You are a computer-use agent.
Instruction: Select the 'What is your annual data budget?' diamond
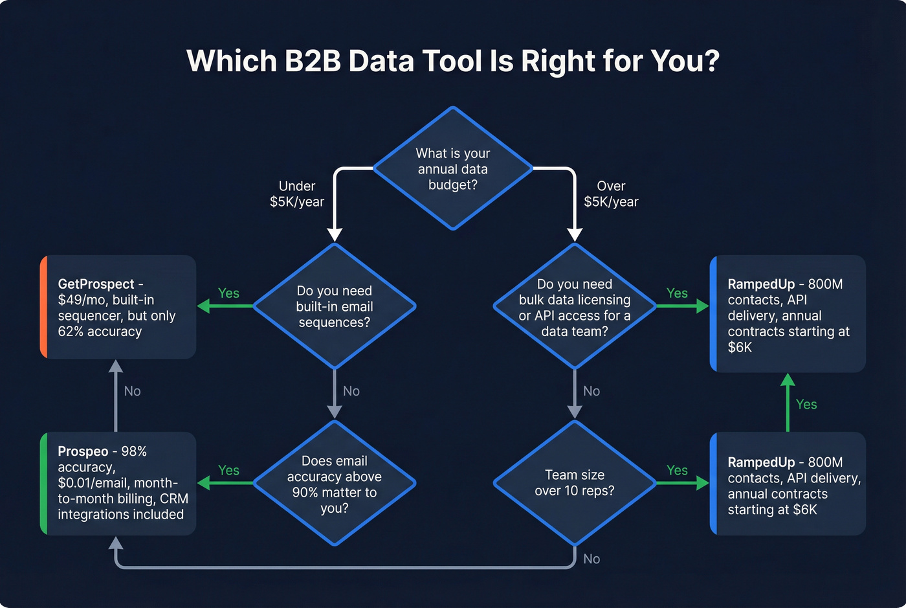point(453,169)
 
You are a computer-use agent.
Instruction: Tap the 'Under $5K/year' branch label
point(297,194)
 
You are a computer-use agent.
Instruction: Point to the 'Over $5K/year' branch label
point(611,194)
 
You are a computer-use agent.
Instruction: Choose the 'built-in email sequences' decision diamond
point(335,306)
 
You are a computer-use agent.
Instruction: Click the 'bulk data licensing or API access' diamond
point(575,307)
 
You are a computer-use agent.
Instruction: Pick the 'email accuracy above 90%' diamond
point(335,484)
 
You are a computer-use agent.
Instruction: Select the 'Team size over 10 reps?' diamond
point(575,483)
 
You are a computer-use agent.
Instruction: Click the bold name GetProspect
point(96,284)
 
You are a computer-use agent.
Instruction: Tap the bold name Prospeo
point(83,451)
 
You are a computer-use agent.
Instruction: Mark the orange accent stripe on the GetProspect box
point(43,307)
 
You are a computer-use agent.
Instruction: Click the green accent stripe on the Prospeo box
point(43,483)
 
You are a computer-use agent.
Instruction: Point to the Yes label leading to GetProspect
point(228,293)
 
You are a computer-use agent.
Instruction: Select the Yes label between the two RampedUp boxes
point(806,405)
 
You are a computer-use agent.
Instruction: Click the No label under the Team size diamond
point(591,559)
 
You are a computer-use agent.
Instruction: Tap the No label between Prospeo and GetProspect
point(132,391)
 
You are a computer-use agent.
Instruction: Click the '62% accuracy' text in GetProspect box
point(100,332)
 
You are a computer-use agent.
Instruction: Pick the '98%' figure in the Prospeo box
point(134,451)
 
